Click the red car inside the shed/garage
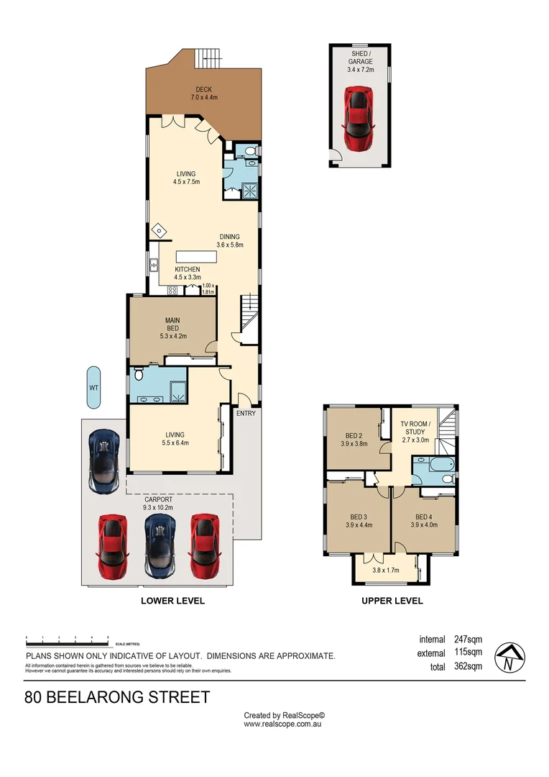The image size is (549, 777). (x=359, y=119)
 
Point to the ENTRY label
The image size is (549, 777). (x=245, y=413)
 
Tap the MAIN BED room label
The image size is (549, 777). (x=172, y=324)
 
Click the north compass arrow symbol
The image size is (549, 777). (x=509, y=656)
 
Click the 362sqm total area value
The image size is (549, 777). (x=468, y=666)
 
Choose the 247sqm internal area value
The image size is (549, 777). (x=468, y=639)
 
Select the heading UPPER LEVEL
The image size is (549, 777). (x=392, y=601)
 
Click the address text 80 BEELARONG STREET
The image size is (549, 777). (x=117, y=697)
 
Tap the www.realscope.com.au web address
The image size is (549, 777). (x=282, y=724)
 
